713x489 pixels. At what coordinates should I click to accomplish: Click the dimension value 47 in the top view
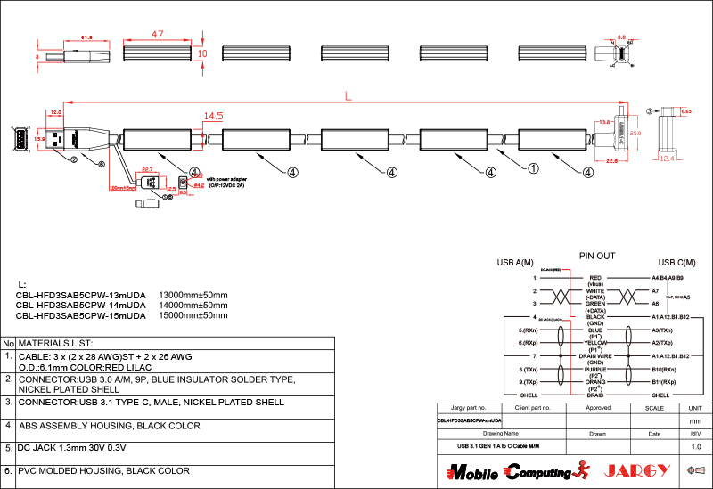click(x=157, y=34)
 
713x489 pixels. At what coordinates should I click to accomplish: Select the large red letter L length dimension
click(x=348, y=94)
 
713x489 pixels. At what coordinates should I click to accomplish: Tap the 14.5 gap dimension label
click(x=213, y=116)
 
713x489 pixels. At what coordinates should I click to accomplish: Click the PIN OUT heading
click(x=597, y=256)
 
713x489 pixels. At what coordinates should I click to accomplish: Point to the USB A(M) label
click(x=514, y=263)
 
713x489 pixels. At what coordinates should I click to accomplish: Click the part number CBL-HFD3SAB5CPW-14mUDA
click(x=81, y=305)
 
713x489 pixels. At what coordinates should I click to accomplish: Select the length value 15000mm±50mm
click(x=193, y=315)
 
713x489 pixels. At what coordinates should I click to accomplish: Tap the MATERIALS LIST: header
click(x=56, y=343)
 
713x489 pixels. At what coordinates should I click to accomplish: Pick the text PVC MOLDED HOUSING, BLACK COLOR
click(x=104, y=470)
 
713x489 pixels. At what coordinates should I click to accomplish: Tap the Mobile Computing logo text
click(x=508, y=470)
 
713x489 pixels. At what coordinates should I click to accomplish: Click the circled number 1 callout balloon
click(x=534, y=167)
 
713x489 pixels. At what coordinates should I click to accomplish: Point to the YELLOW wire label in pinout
click(x=595, y=343)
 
